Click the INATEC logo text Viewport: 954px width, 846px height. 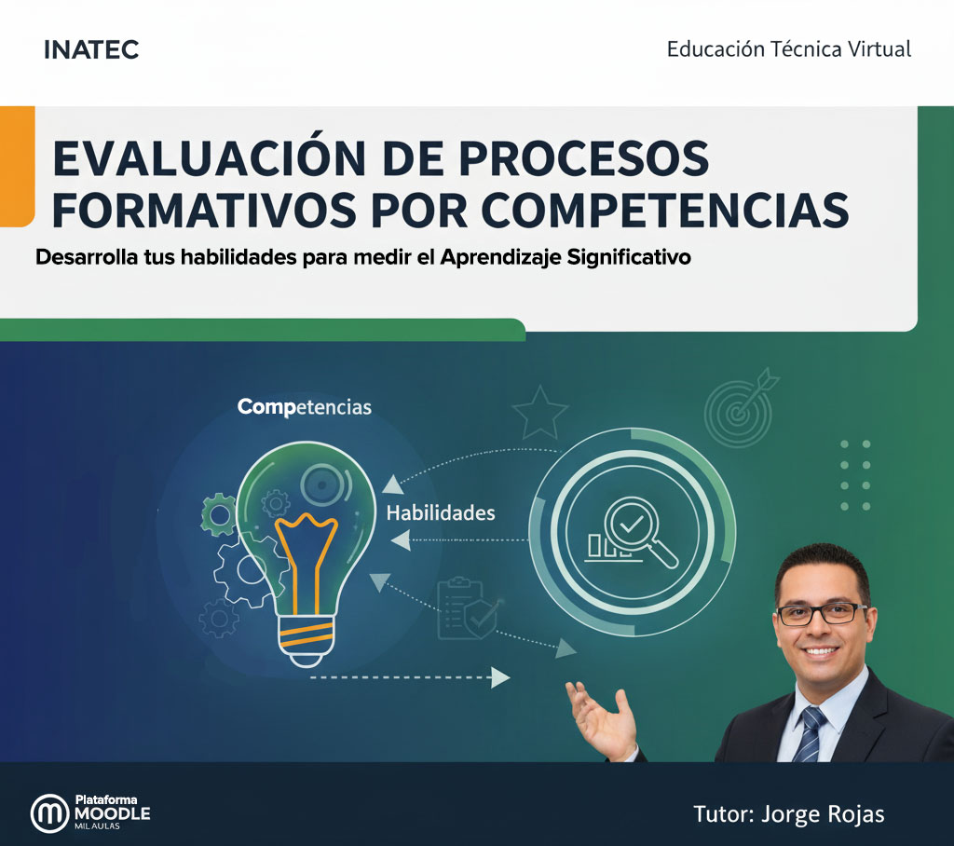click(x=91, y=50)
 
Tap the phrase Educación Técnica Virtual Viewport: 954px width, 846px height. click(x=788, y=49)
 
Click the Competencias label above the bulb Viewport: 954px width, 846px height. click(x=304, y=407)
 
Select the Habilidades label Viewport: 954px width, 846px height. click(x=441, y=512)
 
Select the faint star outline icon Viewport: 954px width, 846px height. click(x=540, y=412)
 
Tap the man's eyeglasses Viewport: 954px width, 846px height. click(x=821, y=614)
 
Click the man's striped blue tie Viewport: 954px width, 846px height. click(x=811, y=732)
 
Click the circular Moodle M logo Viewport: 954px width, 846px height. click(x=50, y=813)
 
